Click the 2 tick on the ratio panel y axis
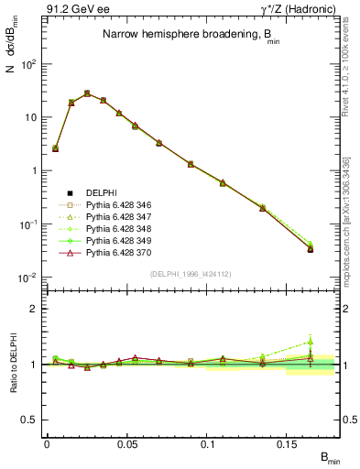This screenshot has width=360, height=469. [x=33, y=309]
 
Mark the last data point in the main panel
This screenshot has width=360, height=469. [x=311, y=248]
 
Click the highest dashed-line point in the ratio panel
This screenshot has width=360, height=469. [x=311, y=341]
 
